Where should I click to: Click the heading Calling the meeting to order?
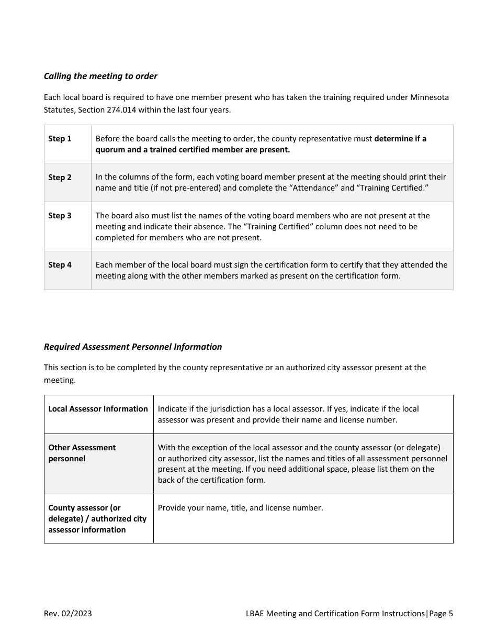[100, 76]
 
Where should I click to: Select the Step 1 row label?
[60, 139]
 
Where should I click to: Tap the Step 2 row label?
[60, 177]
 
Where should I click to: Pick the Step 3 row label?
[60, 216]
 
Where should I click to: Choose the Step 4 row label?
[60, 265]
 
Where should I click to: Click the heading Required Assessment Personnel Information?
[133, 347]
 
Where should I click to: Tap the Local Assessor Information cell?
[98, 409]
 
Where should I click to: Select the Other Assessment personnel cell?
[82, 453]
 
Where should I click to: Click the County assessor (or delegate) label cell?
[97, 518]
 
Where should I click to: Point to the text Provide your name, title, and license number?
[240, 508]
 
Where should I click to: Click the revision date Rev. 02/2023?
[67, 614]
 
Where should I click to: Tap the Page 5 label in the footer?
[441, 614]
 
